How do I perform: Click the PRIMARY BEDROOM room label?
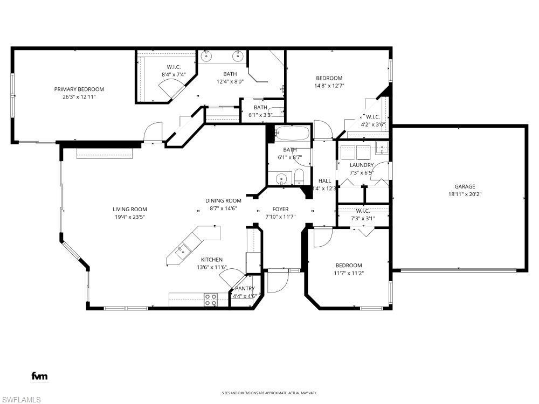pos(79,89)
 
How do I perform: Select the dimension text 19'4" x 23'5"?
pos(129,217)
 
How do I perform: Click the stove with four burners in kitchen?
pos(211,300)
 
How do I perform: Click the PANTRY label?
pos(244,289)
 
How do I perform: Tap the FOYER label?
pos(280,209)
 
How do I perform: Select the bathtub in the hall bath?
pos(292,133)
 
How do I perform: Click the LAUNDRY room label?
pos(361,165)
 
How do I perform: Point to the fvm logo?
pos(39,376)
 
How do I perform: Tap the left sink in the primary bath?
pos(207,55)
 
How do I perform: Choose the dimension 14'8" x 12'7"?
pos(329,86)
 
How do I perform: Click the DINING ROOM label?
pos(223,200)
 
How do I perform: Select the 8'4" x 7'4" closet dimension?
pos(173,74)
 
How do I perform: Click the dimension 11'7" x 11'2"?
pos(349,273)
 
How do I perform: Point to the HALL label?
pos(324,181)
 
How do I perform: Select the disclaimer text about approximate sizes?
pos(269,393)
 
